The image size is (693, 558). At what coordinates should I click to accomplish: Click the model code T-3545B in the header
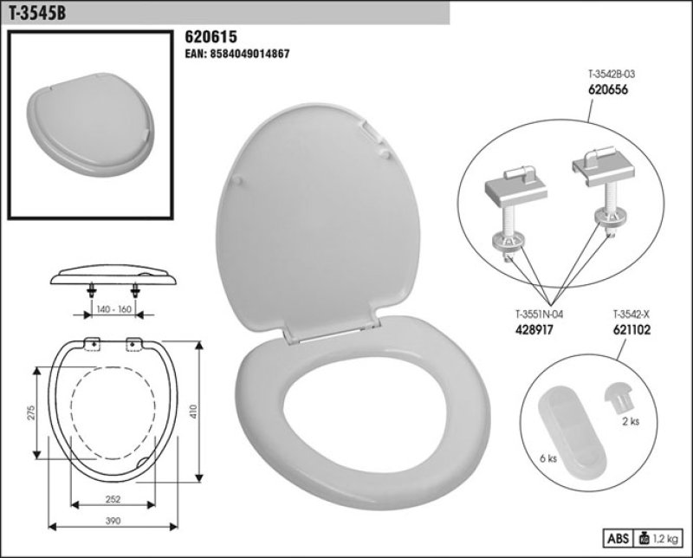[36, 12]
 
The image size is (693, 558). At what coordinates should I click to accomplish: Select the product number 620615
[211, 37]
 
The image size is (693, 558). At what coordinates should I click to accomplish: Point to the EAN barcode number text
[237, 54]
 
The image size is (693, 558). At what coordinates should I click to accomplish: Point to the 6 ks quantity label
[547, 458]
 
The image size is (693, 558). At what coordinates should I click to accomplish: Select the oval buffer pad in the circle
[573, 428]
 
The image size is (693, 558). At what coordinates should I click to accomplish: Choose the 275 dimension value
[30, 414]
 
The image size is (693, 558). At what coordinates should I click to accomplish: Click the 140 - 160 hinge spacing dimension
[113, 308]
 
